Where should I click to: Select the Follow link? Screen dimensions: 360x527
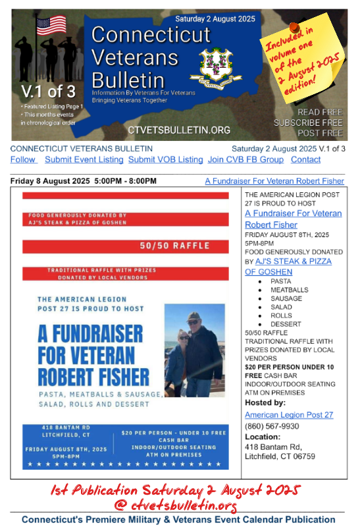click(x=23, y=160)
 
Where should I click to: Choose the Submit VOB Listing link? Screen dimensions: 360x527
click(x=165, y=160)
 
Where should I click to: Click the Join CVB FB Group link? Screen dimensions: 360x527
click(x=245, y=160)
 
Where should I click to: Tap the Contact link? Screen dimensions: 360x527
click(x=305, y=160)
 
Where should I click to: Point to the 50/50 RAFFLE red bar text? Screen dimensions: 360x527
click(x=174, y=246)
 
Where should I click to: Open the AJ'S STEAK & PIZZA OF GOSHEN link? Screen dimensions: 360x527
click(x=288, y=266)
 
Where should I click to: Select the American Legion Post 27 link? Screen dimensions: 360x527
click(x=289, y=415)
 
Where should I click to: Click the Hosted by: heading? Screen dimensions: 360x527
click(x=265, y=402)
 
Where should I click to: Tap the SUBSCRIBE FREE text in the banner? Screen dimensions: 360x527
click(x=308, y=123)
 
